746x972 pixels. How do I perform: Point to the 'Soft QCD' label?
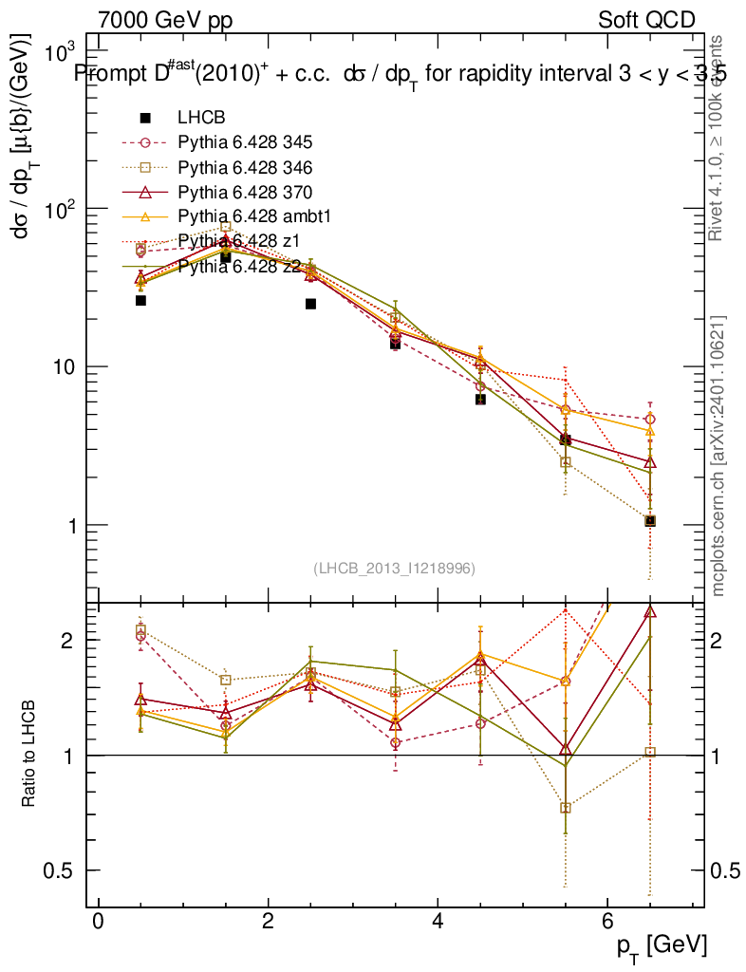pyautogui.click(x=646, y=20)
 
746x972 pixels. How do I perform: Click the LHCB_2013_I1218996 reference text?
pyautogui.click(x=394, y=568)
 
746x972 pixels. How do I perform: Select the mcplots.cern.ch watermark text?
pyautogui.click(x=720, y=456)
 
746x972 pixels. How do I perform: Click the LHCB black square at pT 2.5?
pyautogui.click(x=310, y=304)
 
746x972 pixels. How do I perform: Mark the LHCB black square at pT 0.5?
pyautogui.click(x=140, y=300)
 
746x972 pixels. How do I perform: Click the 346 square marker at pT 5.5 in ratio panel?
pyautogui.click(x=566, y=808)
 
